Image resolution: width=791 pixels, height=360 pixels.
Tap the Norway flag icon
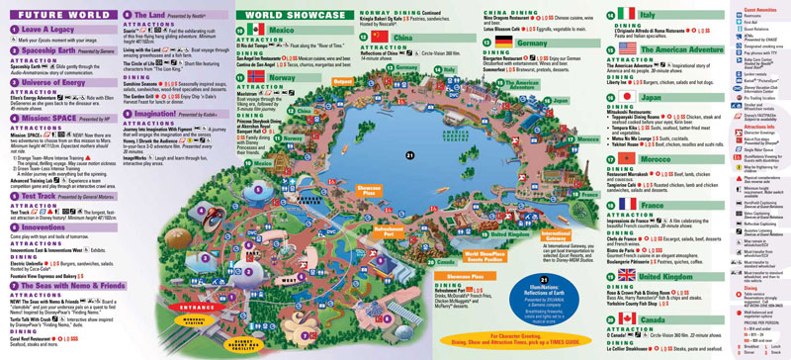(258, 74)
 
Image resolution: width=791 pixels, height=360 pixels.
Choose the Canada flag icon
(626, 319)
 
